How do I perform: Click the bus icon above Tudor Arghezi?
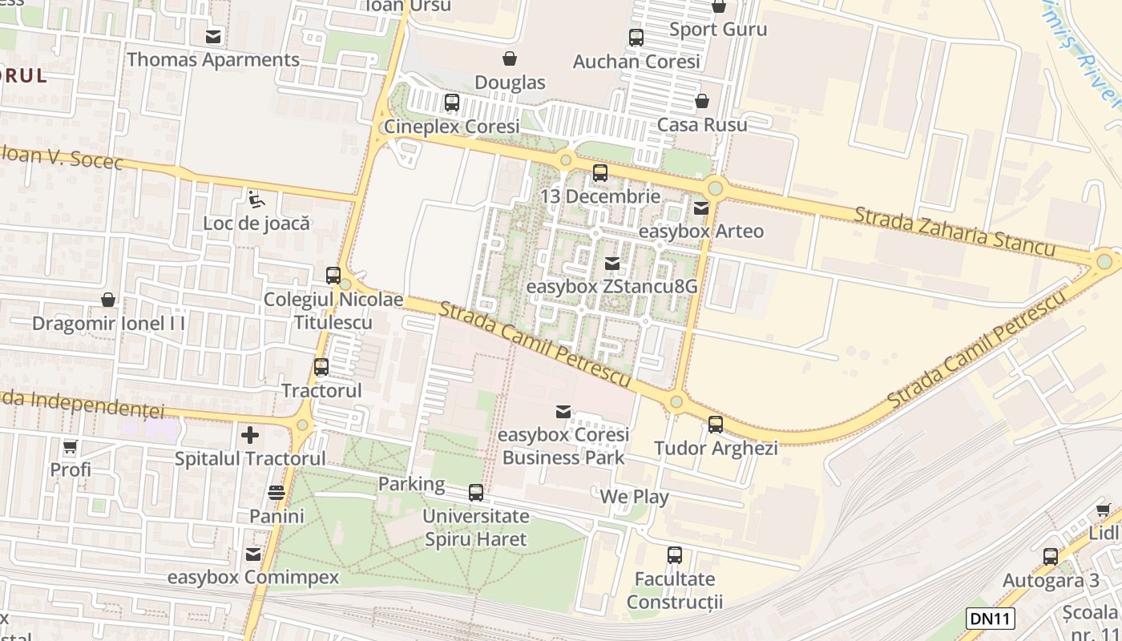pyautogui.click(x=715, y=424)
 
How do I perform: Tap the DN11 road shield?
pyautogui.click(x=991, y=618)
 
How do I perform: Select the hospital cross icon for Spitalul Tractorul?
pyautogui.click(x=250, y=435)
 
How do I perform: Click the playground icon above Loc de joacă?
pyautogui.click(x=256, y=200)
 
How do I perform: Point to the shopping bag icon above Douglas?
pyautogui.click(x=510, y=58)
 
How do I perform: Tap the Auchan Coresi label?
pyautogui.click(x=636, y=61)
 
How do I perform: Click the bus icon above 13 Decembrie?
pyautogui.click(x=599, y=172)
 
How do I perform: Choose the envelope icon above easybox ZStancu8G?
pyautogui.click(x=612, y=263)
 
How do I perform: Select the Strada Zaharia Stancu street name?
pyautogui.click(x=954, y=232)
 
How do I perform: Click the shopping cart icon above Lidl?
pyautogui.click(x=1103, y=510)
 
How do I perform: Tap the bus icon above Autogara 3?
pyautogui.click(x=1050, y=556)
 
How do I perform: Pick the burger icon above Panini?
pyautogui.click(x=276, y=492)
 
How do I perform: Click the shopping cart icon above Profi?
pyautogui.click(x=71, y=446)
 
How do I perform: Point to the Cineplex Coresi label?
pyautogui.click(x=451, y=126)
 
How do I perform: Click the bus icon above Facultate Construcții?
pyautogui.click(x=675, y=554)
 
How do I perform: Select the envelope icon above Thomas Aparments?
pyautogui.click(x=213, y=36)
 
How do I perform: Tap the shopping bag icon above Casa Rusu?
pyautogui.click(x=702, y=101)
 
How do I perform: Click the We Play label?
pyautogui.click(x=634, y=497)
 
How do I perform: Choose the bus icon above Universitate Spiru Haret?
pyautogui.click(x=476, y=492)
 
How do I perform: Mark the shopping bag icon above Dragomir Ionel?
pyautogui.click(x=108, y=300)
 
